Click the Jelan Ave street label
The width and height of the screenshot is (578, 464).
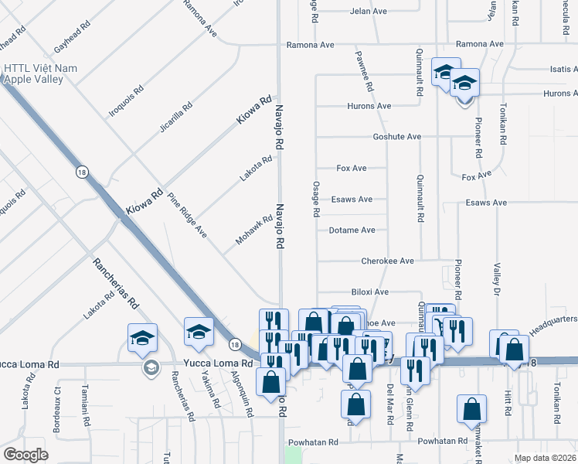point(368,12)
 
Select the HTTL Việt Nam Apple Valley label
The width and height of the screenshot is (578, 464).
point(40,73)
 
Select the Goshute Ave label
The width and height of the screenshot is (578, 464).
point(397,137)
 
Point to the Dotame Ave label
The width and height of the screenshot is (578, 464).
point(352,230)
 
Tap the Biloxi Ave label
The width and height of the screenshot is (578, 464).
point(369,292)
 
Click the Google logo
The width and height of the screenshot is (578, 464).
point(25,455)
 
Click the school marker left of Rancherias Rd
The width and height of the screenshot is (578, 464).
point(143,339)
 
